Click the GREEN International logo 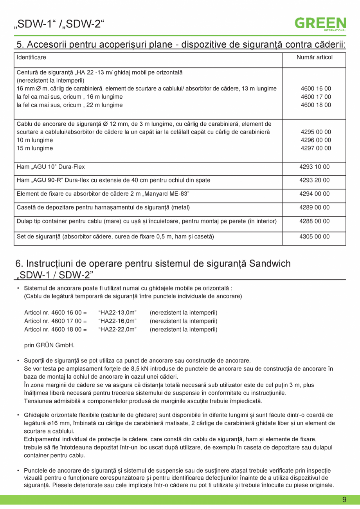point(320,23)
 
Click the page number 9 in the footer point(344,500)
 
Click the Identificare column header point(31,58)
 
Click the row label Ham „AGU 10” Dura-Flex point(50,167)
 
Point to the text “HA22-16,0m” point(117,321)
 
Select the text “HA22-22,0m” point(117,329)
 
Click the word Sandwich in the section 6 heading point(270,264)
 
